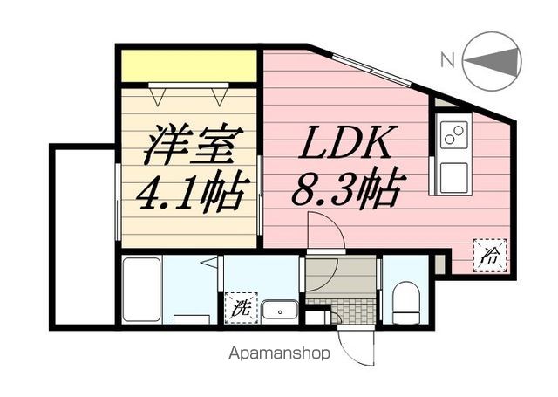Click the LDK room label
(351, 141)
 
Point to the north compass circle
(493, 60)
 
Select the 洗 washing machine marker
(238, 306)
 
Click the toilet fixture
(405, 302)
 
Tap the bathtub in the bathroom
(139, 291)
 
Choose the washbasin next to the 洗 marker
(280, 308)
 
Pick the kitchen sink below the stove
(453, 176)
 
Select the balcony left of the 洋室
(84, 236)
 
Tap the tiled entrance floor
(339, 311)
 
